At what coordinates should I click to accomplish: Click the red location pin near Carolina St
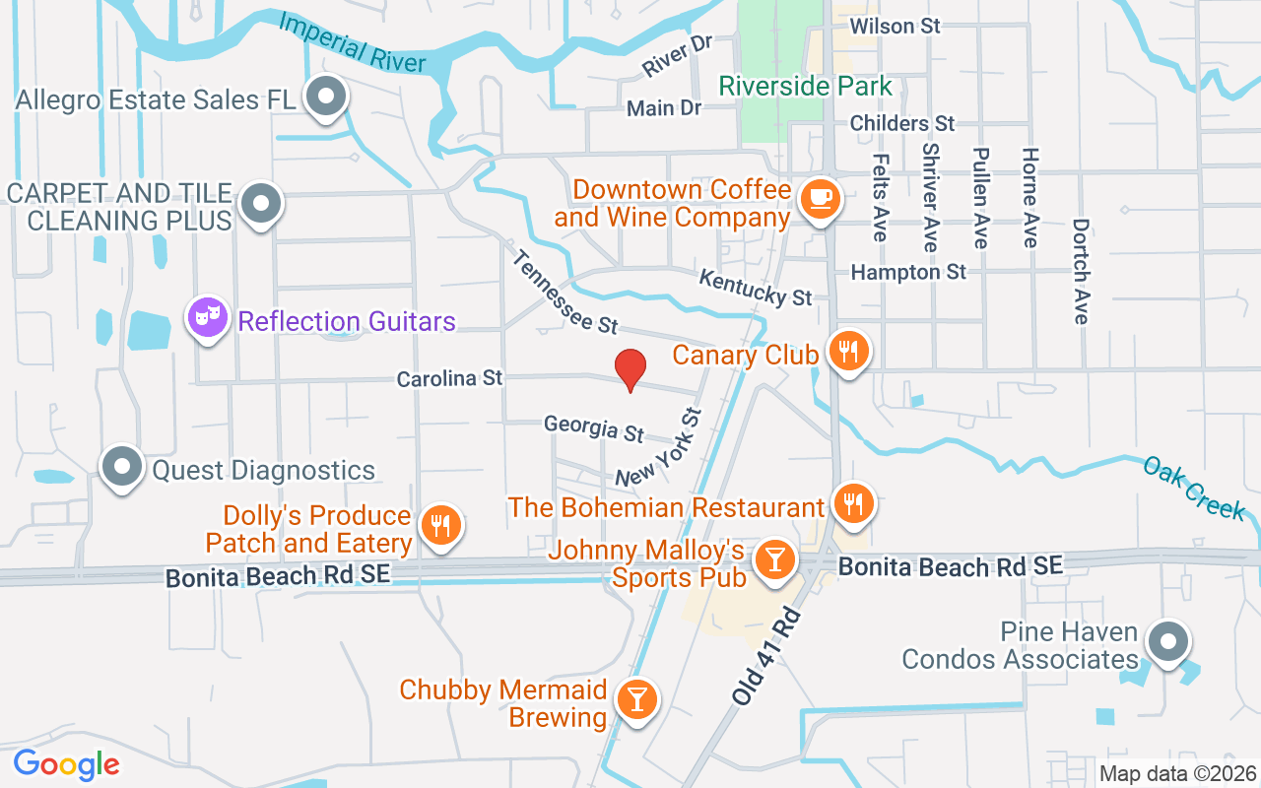630,369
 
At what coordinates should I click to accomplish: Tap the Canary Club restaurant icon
847,351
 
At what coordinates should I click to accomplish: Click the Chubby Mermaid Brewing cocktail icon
636,698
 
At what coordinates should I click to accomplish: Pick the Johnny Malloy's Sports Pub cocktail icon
774,559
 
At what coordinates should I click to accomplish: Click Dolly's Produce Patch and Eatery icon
440,525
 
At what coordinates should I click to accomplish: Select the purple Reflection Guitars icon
208,316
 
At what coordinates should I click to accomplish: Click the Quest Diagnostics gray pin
122,467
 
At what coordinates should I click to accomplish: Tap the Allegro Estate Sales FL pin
325,98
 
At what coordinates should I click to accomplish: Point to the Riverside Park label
805,86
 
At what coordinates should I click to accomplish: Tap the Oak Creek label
1194,487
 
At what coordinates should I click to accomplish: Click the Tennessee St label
564,292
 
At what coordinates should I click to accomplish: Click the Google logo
66,764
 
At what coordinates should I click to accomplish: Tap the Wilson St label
895,26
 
